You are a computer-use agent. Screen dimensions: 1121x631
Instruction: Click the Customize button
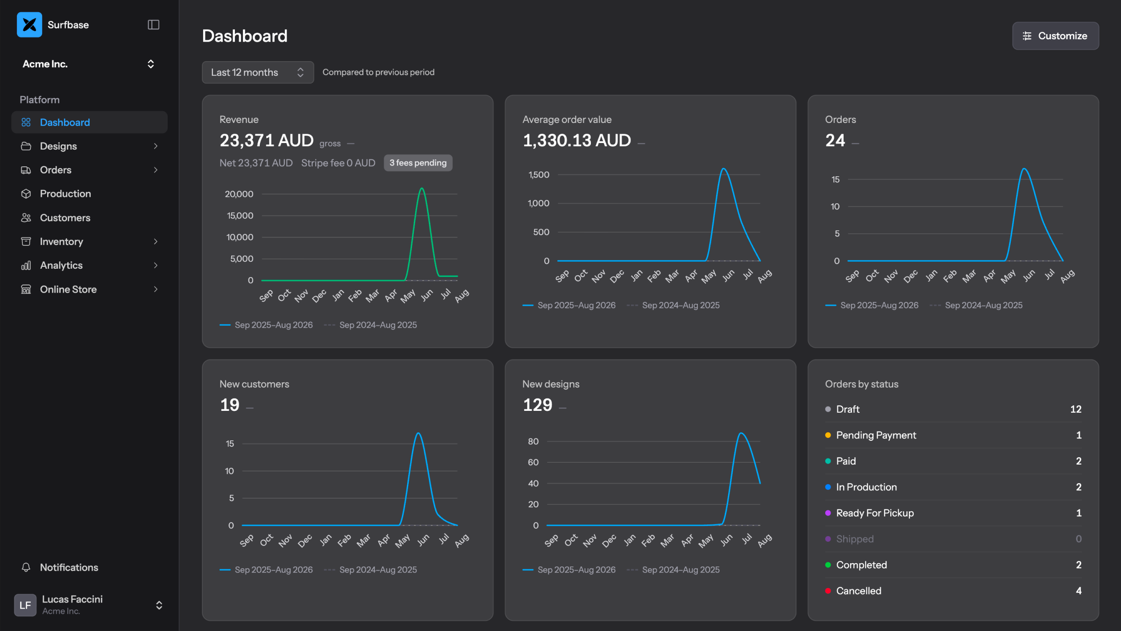(1055, 36)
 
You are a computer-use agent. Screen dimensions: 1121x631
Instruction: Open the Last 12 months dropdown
(257, 72)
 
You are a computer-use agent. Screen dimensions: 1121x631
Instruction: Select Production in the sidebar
(65, 194)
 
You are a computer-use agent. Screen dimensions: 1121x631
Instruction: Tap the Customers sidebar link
(65, 218)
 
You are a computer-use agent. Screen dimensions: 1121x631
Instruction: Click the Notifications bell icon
(26, 567)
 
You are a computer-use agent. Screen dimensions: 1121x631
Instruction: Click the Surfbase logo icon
(29, 25)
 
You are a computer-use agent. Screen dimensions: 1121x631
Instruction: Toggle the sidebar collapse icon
(154, 25)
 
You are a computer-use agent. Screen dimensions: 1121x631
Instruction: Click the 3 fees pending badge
(418, 163)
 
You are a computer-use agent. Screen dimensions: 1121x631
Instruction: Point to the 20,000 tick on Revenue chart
(239, 194)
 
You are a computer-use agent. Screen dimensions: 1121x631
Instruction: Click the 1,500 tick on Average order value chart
(539, 175)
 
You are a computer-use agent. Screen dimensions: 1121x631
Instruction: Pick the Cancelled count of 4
(1078, 591)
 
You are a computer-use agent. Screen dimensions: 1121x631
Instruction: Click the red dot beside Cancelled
(828, 591)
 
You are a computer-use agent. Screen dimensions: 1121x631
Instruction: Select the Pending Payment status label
(876, 435)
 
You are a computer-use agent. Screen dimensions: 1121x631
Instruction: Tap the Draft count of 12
(1076, 409)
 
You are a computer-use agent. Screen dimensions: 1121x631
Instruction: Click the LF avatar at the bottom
(25, 605)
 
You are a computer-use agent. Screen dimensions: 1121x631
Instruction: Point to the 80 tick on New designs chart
(533, 441)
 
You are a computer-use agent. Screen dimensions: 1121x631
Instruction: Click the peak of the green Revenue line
(422, 188)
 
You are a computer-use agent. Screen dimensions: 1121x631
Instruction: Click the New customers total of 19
(230, 405)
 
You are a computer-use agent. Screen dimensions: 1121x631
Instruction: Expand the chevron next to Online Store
(156, 289)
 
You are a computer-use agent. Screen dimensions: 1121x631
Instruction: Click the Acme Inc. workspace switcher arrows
(150, 64)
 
